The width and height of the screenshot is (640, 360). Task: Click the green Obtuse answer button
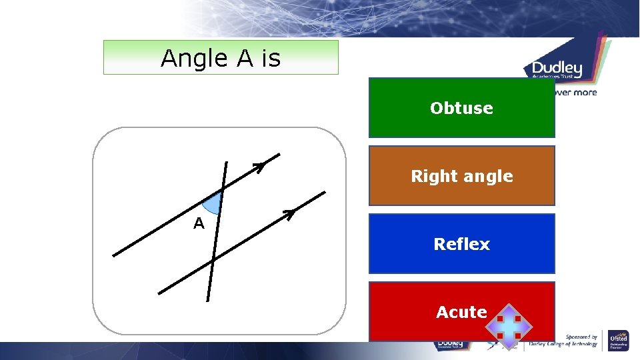coord(461,108)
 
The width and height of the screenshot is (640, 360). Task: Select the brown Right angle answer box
coord(461,176)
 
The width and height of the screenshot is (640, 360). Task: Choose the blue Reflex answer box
coord(461,244)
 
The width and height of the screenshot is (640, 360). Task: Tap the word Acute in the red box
coord(461,312)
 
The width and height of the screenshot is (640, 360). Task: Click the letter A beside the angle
coord(199,224)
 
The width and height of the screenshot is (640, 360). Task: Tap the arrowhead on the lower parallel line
coord(289,213)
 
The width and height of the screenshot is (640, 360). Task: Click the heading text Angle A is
coord(221,58)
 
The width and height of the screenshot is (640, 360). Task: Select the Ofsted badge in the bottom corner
coord(619,341)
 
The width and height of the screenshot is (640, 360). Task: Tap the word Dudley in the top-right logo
coord(557,69)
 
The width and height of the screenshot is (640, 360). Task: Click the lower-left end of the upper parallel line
coord(114,255)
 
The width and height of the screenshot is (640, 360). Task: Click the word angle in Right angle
coord(490,177)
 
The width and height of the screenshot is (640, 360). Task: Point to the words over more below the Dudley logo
coord(575,93)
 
